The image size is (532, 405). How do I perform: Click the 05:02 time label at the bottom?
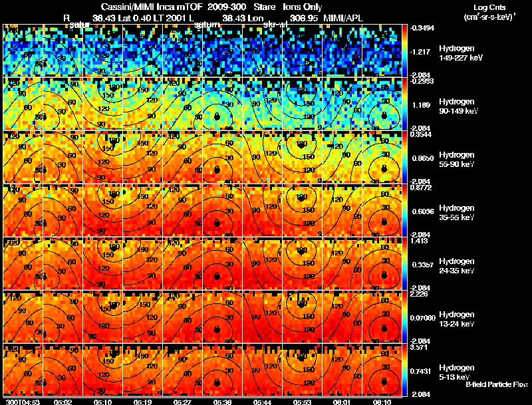pos(63,402)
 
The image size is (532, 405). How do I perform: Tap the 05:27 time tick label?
pos(182,402)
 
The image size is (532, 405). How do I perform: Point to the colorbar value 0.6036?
pos(423,211)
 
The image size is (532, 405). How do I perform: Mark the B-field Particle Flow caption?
pos(497,384)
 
